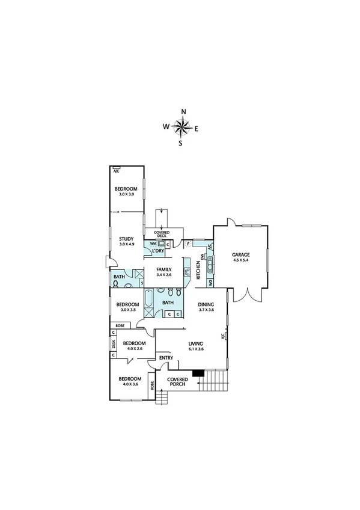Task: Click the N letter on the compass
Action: (x=183, y=111)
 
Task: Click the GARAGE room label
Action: (x=241, y=255)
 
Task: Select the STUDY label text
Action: (x=126, y=239)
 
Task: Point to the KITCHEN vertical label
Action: (x=198, y=269)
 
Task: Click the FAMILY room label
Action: (x=164, y=269)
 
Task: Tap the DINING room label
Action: (x=206, y=304)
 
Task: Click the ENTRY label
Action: (x=166, y=359)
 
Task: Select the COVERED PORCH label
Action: (x=177, y=382)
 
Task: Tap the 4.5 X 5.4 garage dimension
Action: (x=241, y=260)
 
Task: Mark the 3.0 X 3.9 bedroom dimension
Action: (x=126, y=194)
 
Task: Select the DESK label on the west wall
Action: (x=113, y=345)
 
